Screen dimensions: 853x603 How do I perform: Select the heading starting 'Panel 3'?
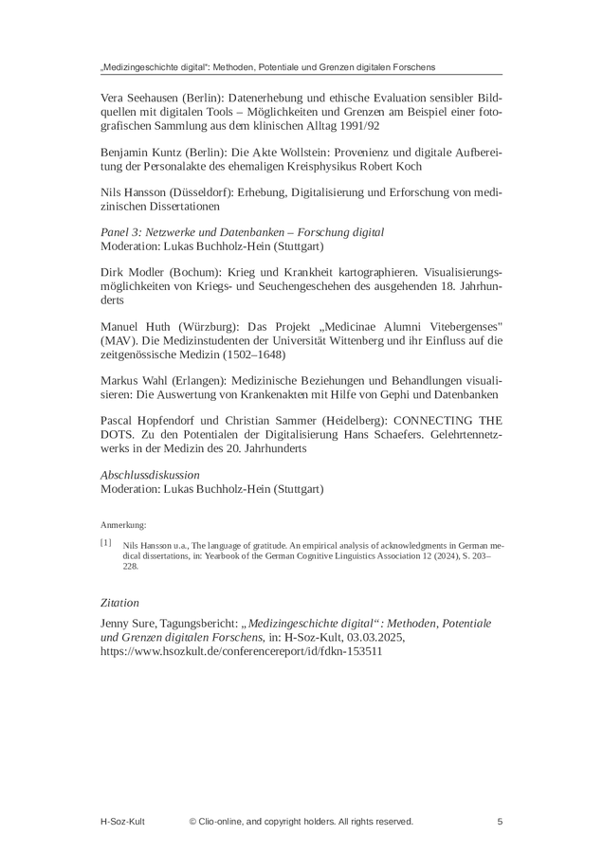[242, 232]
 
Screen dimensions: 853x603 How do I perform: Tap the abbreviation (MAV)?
[117, 340]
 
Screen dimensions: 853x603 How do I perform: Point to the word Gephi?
[386, 394]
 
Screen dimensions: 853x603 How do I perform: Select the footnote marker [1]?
[106, 543]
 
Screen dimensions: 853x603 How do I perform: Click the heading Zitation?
[119, 602]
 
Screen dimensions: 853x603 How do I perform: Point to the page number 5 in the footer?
[500, 822]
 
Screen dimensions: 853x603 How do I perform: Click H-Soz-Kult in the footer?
[123, 822]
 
